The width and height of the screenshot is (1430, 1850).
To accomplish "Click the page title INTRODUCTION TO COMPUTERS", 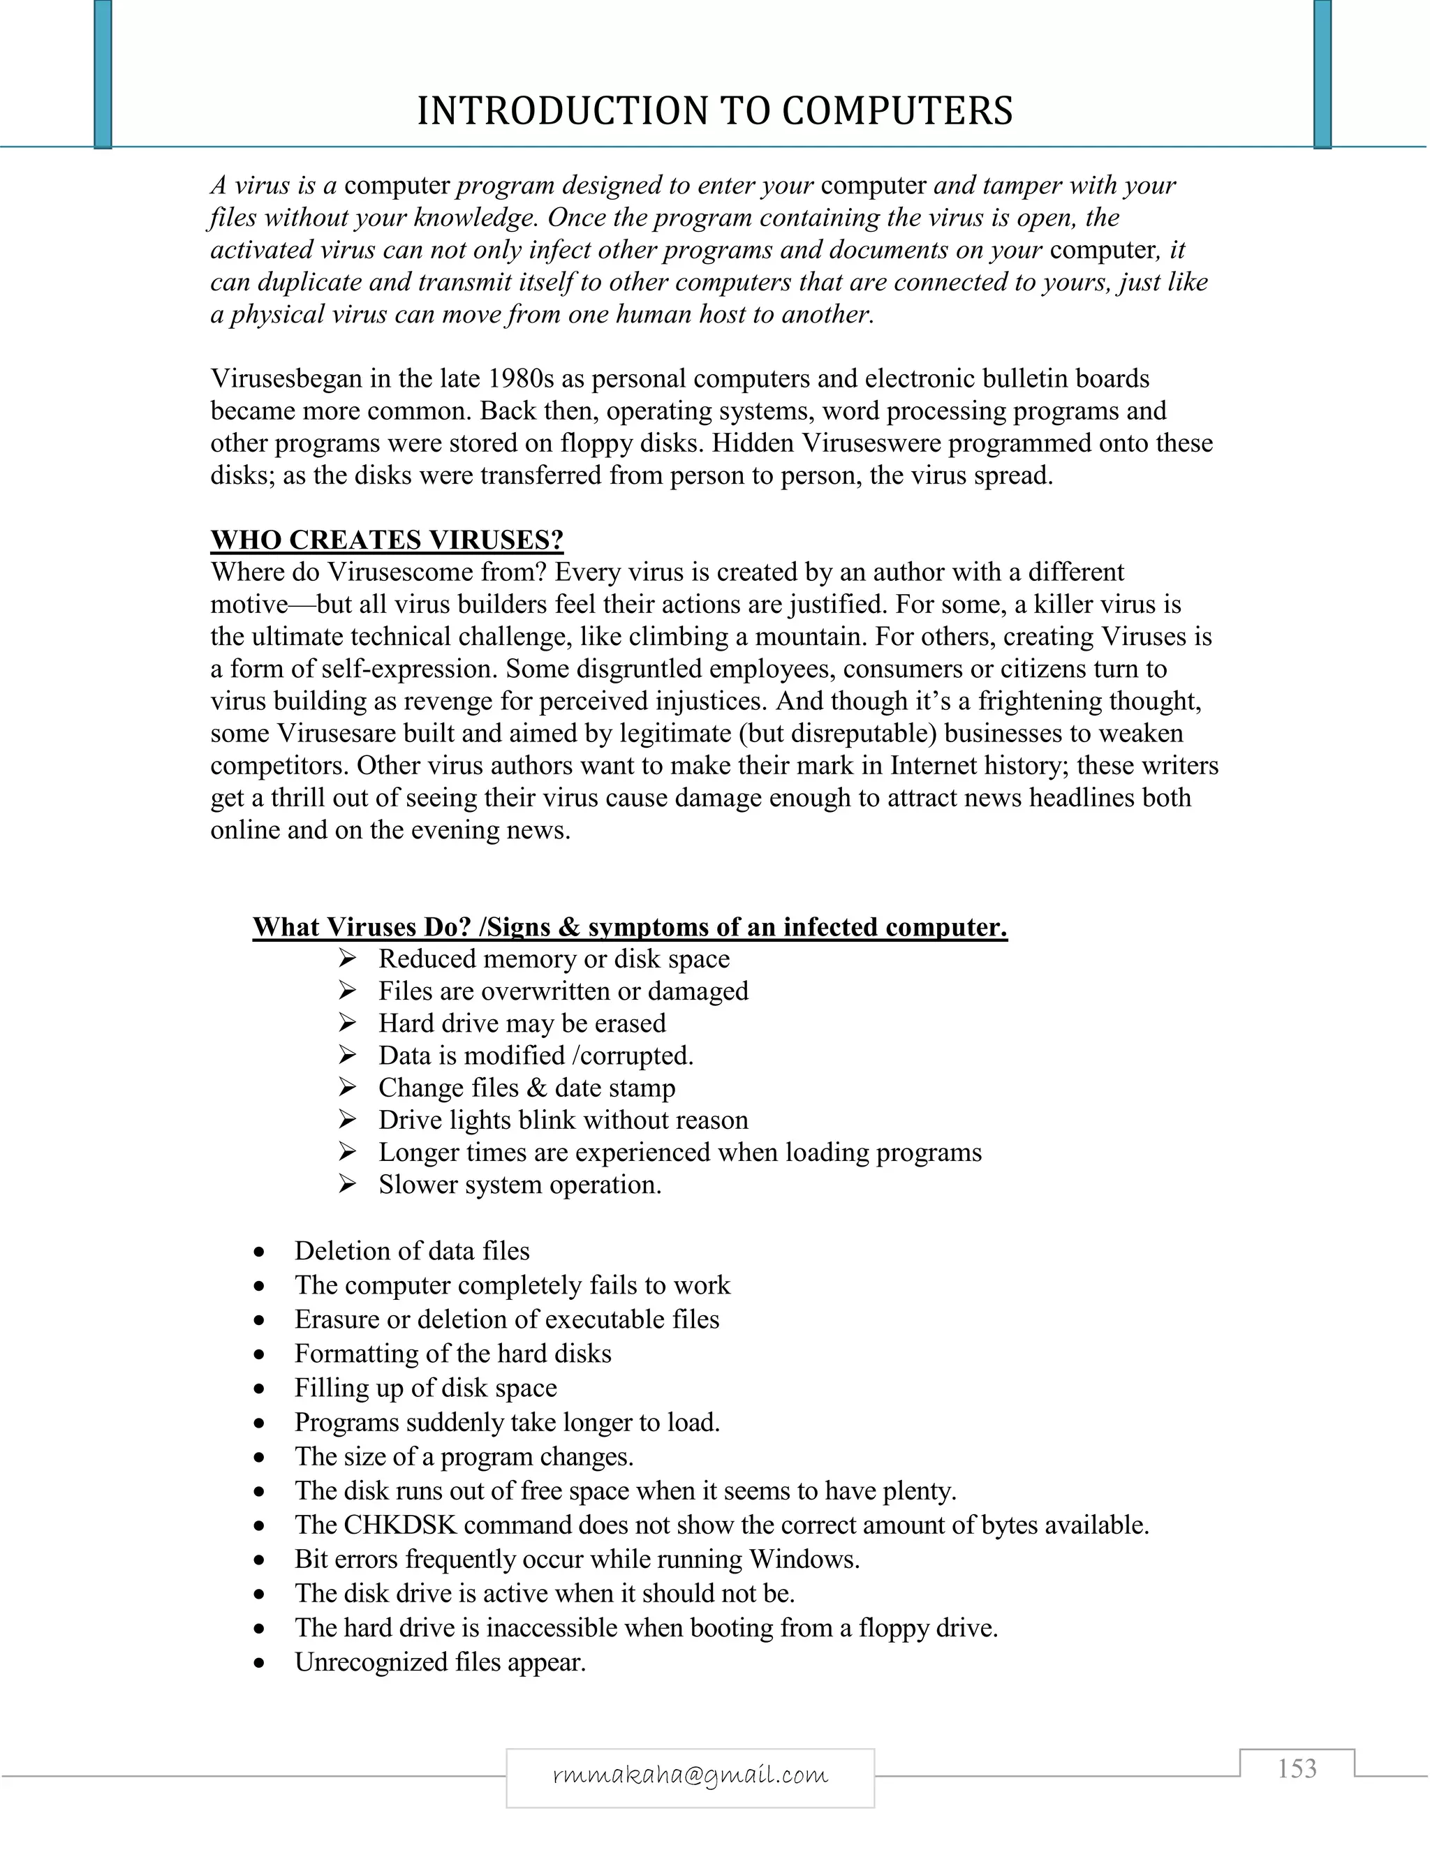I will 714,111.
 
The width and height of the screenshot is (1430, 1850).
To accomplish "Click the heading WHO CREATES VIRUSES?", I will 387,540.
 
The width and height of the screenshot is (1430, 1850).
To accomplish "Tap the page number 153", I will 1297,1769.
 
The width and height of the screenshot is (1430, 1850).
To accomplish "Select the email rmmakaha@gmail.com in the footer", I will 690,1774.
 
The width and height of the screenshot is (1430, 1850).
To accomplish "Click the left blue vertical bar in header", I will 103,75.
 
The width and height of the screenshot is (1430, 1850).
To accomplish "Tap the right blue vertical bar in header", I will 1322,75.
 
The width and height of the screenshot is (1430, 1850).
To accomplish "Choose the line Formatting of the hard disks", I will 452,1354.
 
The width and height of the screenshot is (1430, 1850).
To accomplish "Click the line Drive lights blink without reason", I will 563,1120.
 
